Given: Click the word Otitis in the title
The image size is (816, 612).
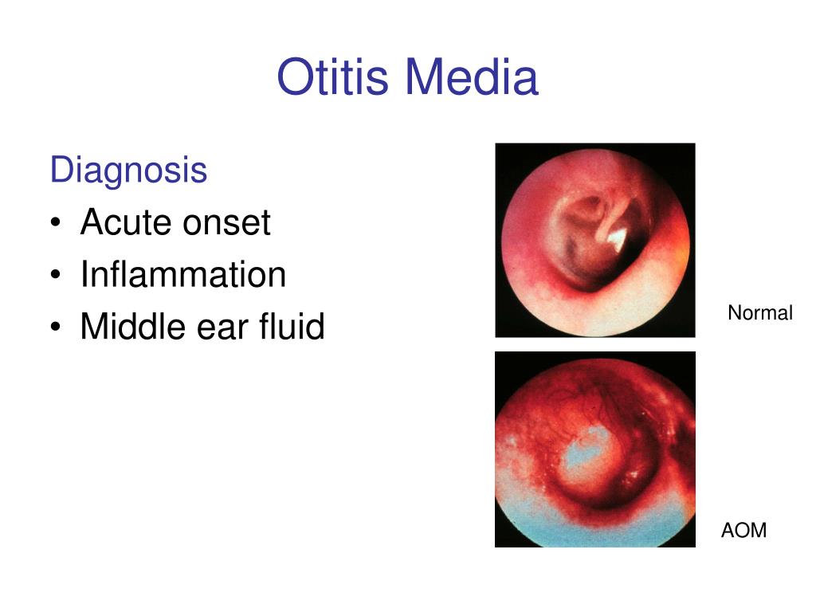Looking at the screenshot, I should tap(334, 78).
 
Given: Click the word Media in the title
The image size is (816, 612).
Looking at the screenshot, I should tap(472, 78).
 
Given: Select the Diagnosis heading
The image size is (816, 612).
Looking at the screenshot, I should tap(128, 170).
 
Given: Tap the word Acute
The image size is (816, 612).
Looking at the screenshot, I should tap(127, 222).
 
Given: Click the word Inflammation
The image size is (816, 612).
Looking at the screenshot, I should tap(182, 275).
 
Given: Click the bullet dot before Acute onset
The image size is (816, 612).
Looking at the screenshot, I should tap(55, 224).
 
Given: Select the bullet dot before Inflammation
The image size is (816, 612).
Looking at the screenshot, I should tap(55, 276).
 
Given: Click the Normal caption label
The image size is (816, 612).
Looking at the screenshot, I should tap(759, 313).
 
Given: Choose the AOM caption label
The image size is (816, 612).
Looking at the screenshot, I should tap(743, 530).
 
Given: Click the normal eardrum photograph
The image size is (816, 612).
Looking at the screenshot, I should tap(595, 240).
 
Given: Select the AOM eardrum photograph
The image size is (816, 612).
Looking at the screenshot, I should tap(595, 449).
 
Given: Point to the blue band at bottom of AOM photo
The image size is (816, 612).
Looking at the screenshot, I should tap(594, 530).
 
